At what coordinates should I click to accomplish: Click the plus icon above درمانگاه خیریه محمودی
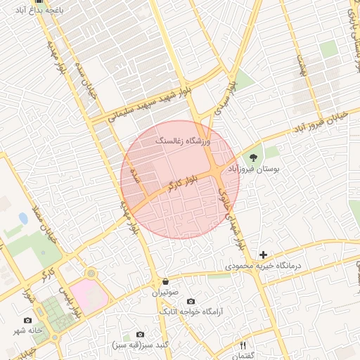(x=264, y=255)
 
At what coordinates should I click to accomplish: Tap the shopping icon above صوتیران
(x=165, y=280)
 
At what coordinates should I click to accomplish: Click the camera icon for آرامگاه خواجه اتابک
(x=191, y=301)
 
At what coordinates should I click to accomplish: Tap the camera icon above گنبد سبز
(x=140, y=335)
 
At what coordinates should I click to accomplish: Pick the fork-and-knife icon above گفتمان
(x=243, y=345)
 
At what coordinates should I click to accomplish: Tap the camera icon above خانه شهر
(x=28, y=320)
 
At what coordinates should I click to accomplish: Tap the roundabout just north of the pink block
(x=90, y=273)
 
